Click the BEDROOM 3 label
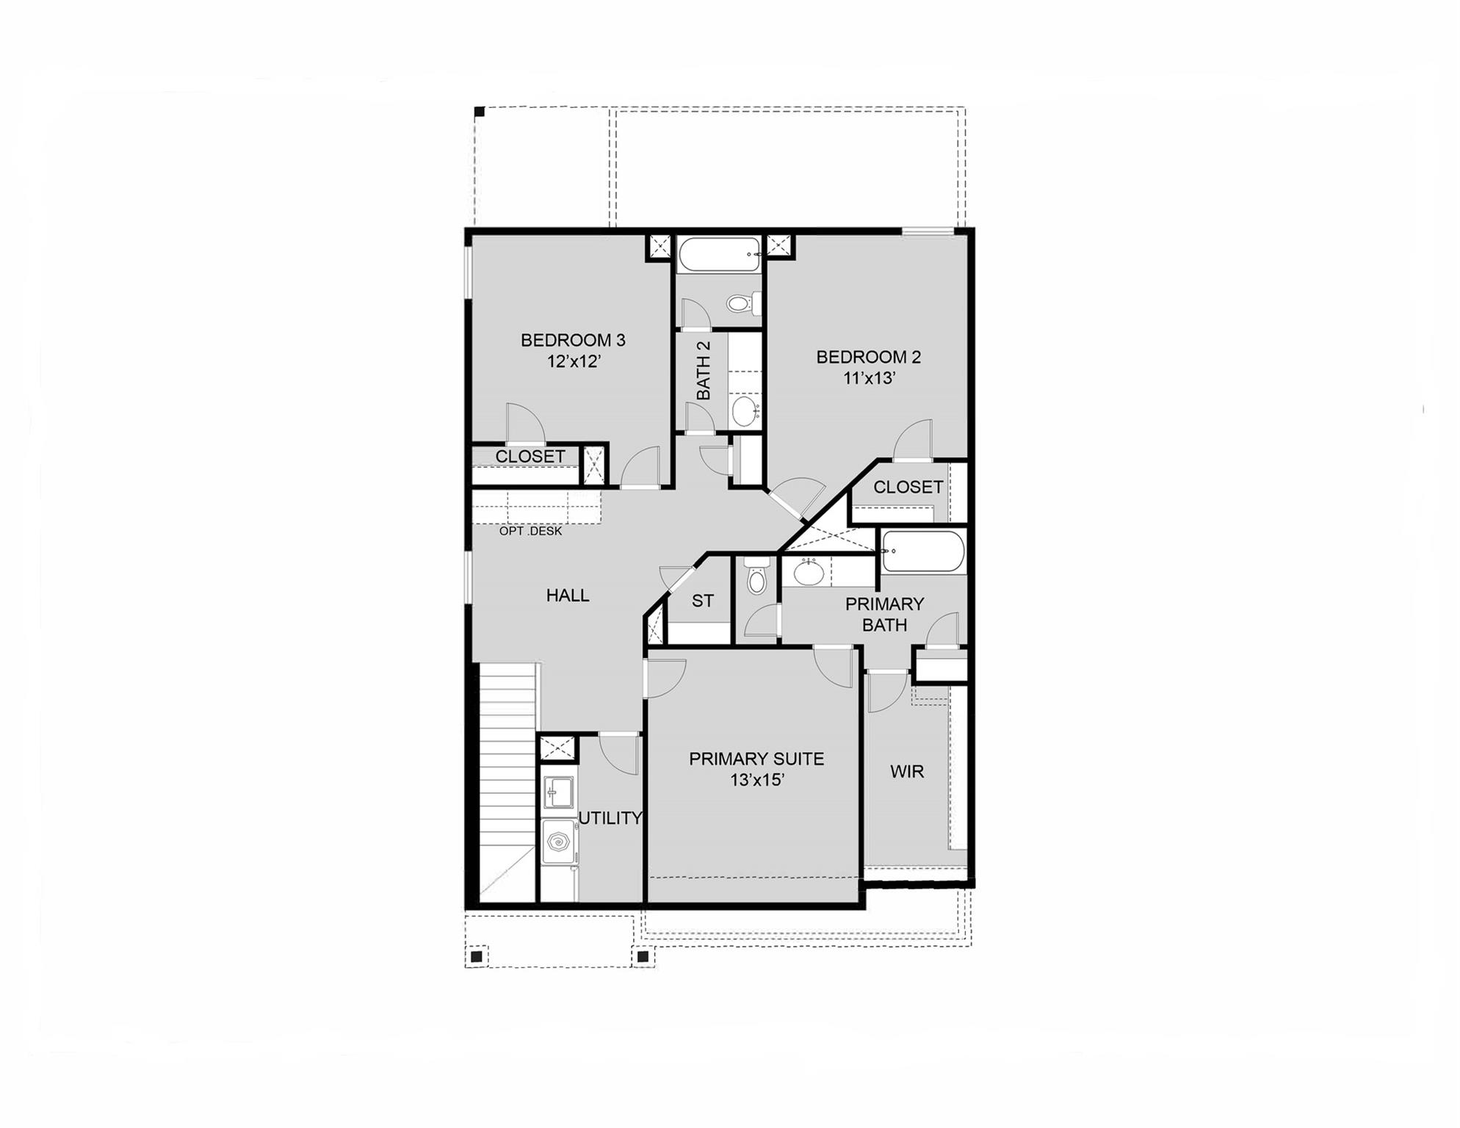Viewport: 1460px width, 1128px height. pyautogui.click(x=573, y=340)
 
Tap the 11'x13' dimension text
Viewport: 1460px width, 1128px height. pyautogui.click(x=869, y=378)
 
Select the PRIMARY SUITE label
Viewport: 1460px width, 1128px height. pyautogui.click(x=756, y=759)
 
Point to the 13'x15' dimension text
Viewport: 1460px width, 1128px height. pyautogui.click(x=757, y=780)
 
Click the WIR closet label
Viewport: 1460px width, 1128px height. pyautogui.click(x=907, y=772)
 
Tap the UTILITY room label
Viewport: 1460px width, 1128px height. pyautogui.click(x=610, y=818)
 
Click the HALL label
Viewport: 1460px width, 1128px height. pyautogui.click(x=568, y=596)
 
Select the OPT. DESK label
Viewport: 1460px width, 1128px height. pyautogui.click(x=530, y=531)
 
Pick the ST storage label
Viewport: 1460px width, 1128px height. pyautogui.click(x=702, y=601)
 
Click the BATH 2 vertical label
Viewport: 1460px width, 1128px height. pyautogui.click(x=703, y=370)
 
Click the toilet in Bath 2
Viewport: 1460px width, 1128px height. pyautogui.click(x=742, y=302)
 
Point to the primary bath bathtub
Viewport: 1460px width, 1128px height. pyautogui.click(x=922, y=551)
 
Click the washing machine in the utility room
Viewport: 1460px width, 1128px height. pyautogui.click(x=560, y=841)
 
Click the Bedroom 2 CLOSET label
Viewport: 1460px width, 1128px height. pyautogui.click(x=908, y=487)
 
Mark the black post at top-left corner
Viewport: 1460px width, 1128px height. pyautogui.click(x=479, y=112)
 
